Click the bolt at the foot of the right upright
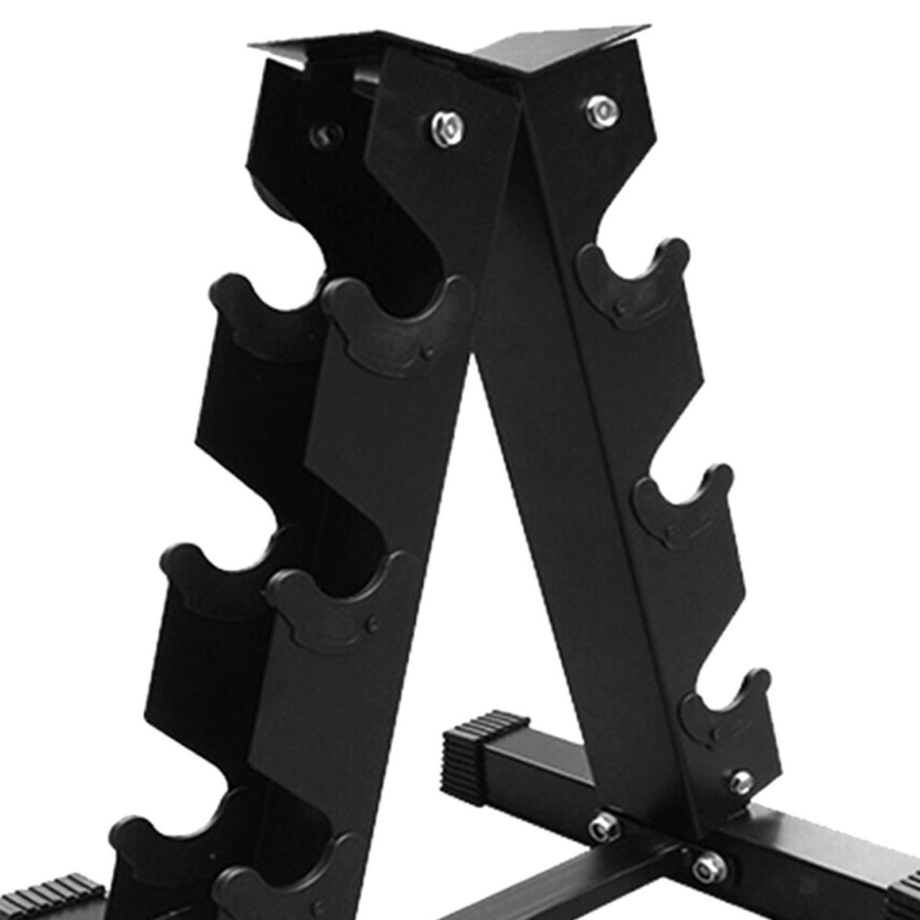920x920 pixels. tap(742, 780)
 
